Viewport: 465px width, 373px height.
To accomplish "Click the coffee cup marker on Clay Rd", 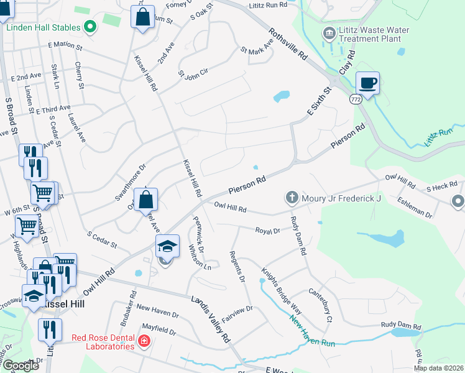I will [x=367, y=83].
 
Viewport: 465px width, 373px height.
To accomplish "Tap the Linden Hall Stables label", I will [x=44, y=27].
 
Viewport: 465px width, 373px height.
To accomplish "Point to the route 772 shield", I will [x=355, y=99].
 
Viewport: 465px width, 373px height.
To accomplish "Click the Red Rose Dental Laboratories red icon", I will [x=144, y=341].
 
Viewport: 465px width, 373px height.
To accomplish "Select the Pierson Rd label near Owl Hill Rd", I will [x=247, y=183].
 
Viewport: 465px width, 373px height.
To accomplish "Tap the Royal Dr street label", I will [x=268, y=230].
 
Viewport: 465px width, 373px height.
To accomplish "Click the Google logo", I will [x=21, y=366].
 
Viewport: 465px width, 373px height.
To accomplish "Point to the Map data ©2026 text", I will [x=438, y=368].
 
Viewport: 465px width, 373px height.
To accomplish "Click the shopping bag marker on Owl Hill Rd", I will [x=145, y=200].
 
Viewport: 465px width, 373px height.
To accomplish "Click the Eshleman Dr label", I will [x=416, y=208].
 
